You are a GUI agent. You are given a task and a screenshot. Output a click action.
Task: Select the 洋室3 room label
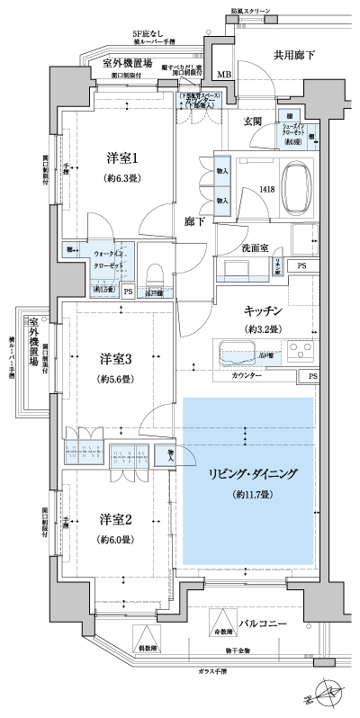[115, 359]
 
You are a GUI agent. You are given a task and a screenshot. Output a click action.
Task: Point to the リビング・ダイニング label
[250, 472]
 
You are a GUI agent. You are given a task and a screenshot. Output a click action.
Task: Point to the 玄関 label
[255, 121]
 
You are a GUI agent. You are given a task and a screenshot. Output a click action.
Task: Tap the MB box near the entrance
[223, 73]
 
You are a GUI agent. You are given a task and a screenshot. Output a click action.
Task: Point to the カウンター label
[247, 374]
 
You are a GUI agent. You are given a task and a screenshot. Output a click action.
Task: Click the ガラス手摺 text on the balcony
[213, 671]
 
